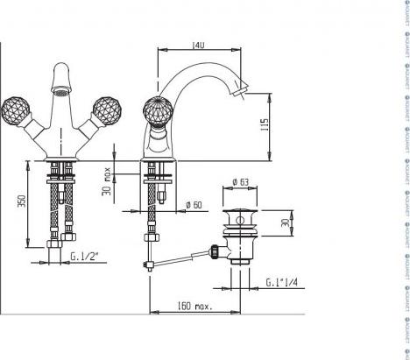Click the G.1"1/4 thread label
click(282, 282)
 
